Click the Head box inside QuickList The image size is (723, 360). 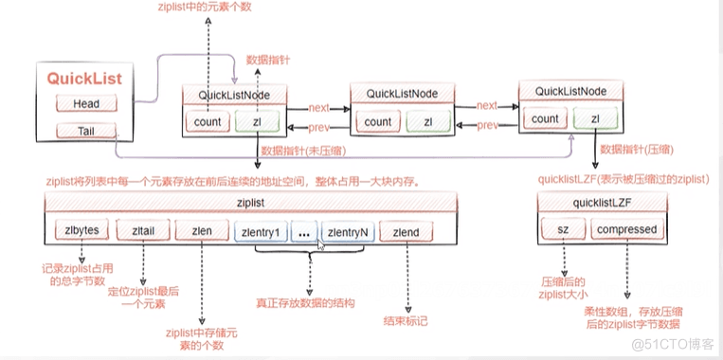pos(84,102)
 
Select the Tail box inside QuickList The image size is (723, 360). pos(84,131)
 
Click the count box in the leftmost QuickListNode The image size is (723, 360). pos(208,121)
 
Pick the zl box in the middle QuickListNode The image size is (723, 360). pos(429,121)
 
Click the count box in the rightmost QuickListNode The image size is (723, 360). pos(545,118)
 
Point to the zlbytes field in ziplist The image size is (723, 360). pos(83,230)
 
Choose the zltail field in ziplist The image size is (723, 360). pos(142,230)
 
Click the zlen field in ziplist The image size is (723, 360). pos(201,230)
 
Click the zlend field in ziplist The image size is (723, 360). pos(406,230)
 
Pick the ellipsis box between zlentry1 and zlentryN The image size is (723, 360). pos(303,230)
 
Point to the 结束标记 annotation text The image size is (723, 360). pos(407,321)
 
